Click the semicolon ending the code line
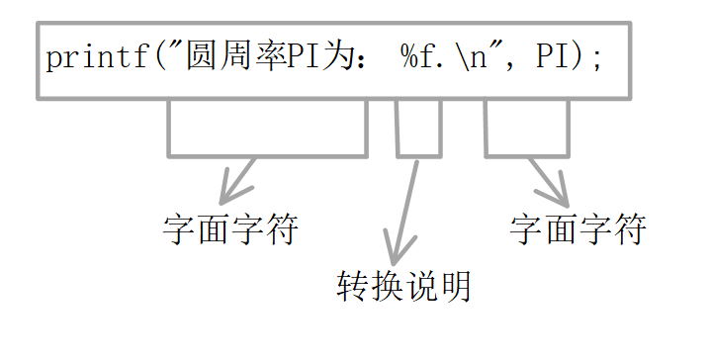point(596,58)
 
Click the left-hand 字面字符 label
point(229,230)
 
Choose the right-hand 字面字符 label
point(577,230)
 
